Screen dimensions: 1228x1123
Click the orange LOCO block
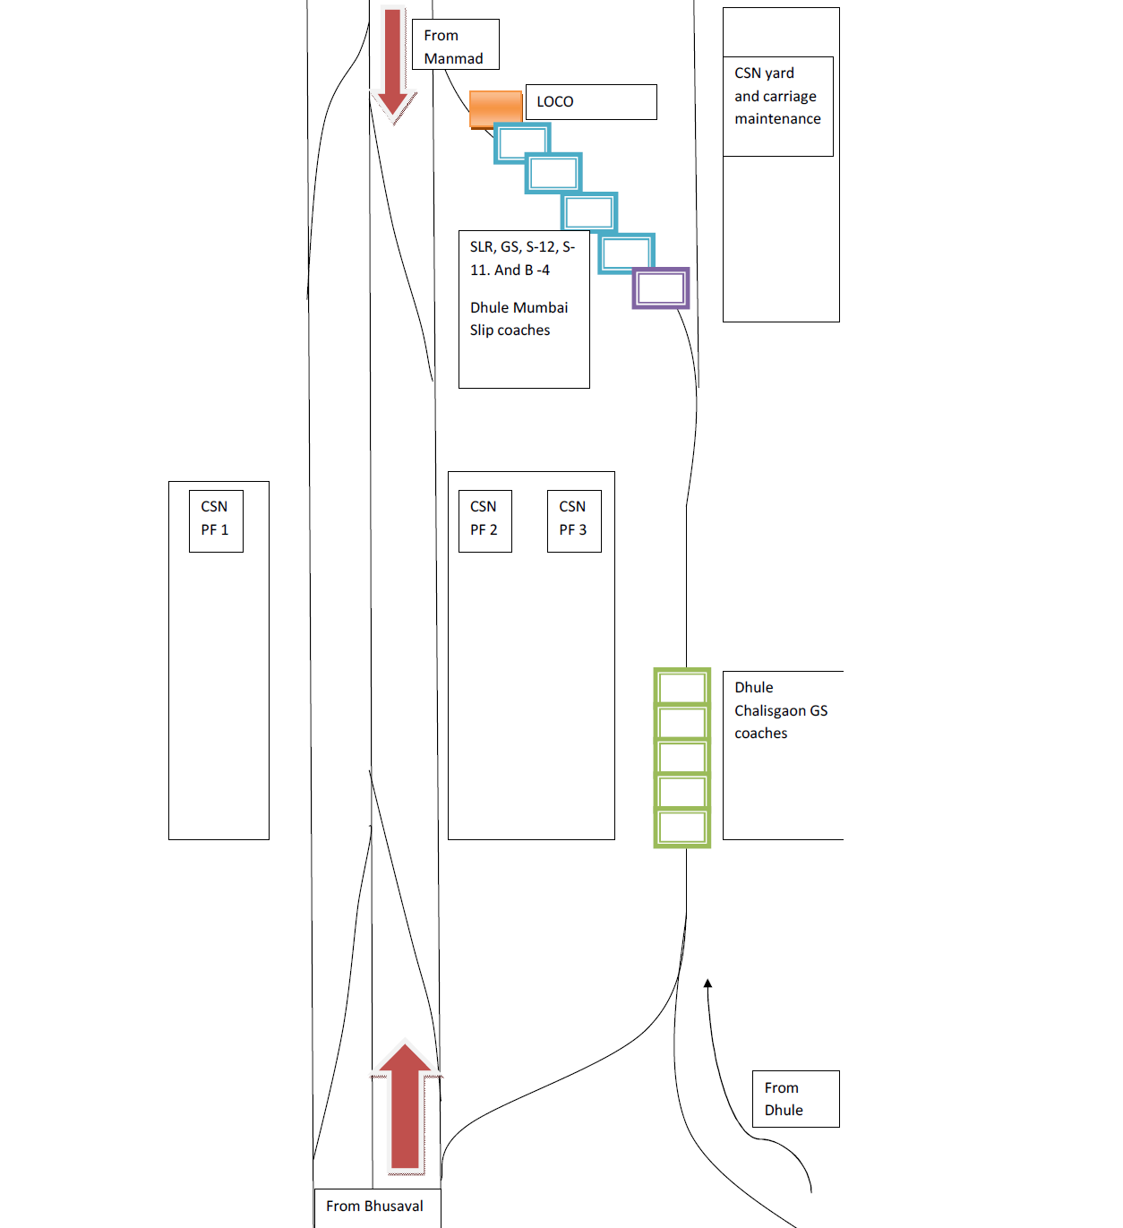point(495,109)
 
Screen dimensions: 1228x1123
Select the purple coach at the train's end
point(661,288)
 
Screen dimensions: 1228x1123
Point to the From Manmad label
point(455,46)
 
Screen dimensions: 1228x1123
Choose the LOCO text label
point(555,102)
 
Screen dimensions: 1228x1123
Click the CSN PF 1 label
point(215,519)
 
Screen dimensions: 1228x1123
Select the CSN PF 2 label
point(484,519)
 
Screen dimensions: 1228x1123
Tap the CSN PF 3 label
point(573,519)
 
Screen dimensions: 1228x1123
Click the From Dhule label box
point(794,1099)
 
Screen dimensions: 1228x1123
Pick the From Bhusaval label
point(376,1207)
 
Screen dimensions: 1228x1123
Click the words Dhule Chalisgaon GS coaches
point(780,710)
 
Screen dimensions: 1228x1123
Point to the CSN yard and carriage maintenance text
point(777,96)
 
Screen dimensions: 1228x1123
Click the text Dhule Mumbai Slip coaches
point(519,319)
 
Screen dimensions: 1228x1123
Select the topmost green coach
point(682,688)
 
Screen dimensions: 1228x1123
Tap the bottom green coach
point(682,827)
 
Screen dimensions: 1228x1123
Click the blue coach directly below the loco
point(522,143)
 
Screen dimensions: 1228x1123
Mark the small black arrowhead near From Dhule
point(707,983)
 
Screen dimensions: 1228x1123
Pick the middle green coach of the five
point(682,758)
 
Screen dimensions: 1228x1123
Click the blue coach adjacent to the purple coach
point(626,253)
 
